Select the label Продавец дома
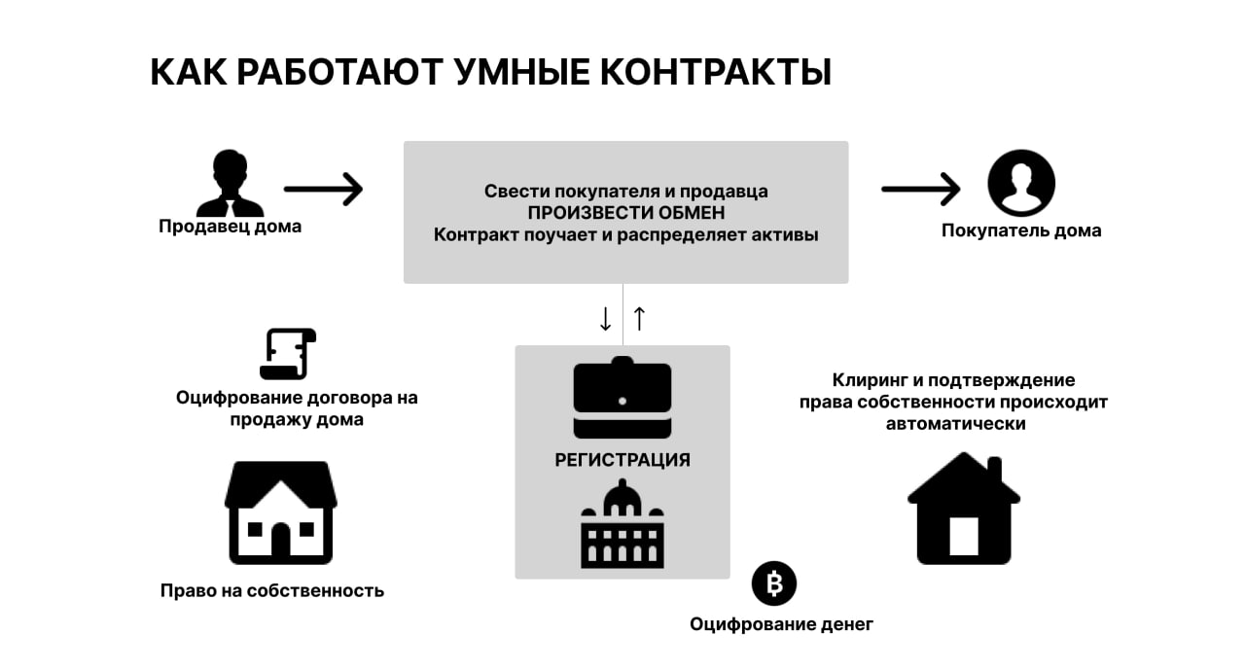pos(231,227)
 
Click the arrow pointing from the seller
pos(323,189)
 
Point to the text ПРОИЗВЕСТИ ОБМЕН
pos(625,213)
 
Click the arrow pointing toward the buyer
pos(920,189)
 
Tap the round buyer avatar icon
pos(1021,183)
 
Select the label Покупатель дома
pos(1021,231)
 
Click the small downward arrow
pos(605,318)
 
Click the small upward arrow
pos(639,318)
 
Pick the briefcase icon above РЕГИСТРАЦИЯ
pos(622,400)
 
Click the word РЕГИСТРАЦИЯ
pos(622,460)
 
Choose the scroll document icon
pos(288,354)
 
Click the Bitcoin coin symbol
pos(774,583)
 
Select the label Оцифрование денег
pos(781,624)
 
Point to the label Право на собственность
pos(272,590)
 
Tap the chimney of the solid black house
pos(994,472)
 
